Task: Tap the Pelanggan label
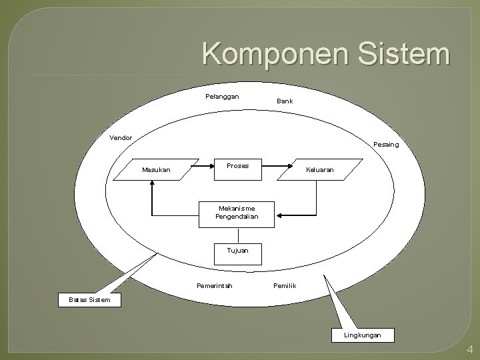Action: point(222,97)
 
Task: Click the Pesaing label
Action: point(387,144)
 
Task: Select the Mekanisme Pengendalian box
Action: point(237,213)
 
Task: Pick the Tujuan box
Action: point(237,251)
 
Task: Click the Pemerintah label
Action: point(215,286)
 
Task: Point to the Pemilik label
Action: point(285,286)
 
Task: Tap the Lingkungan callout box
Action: point(363,335)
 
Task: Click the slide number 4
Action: point(470,349)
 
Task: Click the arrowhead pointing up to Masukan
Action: point(153,186)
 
